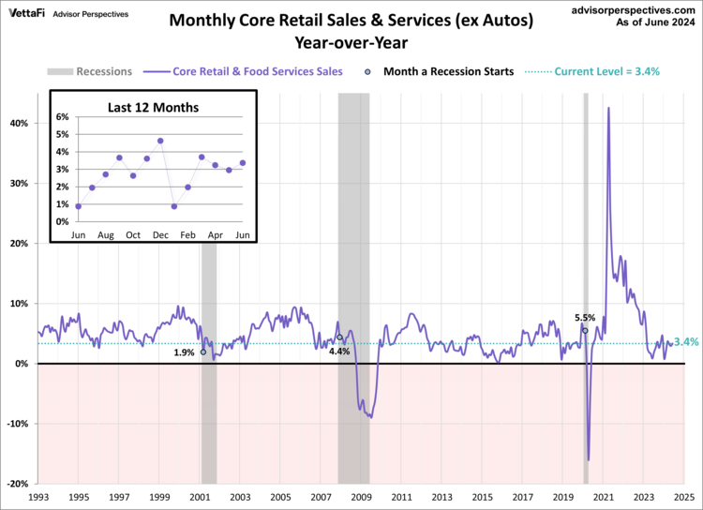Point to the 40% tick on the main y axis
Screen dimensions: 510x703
click(x=20, y=123)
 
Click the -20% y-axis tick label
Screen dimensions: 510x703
click(x=18, y=484)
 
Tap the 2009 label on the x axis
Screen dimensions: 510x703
click(x=361, y=497)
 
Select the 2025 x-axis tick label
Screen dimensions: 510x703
click(x=683, y=497)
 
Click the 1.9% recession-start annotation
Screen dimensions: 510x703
click(x=184, y=352)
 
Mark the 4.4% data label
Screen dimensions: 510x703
click(x=338, y=352)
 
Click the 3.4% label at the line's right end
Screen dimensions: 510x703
click(x=687, y=342)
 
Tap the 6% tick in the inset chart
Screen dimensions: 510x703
click(x=63, y=117)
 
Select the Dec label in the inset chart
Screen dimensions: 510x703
click(x=160, y=233)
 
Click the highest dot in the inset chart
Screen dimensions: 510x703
click(x=160, y=141)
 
